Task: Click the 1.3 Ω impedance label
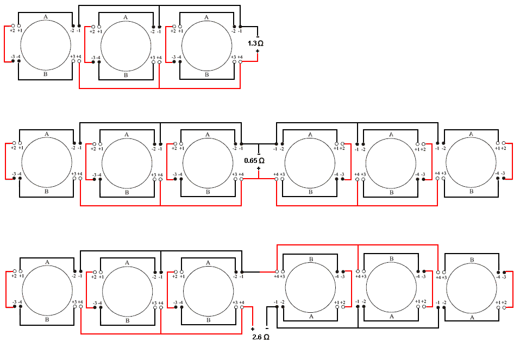pos(255,42)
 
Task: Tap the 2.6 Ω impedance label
pos(261,337)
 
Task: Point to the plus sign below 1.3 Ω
pos(257,52)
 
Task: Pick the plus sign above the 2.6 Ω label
pos(253,329)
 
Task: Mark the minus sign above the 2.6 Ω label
pos(267,328)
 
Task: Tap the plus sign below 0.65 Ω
pos(259,168)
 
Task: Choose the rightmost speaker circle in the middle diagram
pos(471,162)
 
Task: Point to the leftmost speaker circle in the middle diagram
pos(47,162)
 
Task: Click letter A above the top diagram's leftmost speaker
pos(46,17)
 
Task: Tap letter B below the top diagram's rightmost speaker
pos(206,75)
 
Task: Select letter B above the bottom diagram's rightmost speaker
pos(472,259)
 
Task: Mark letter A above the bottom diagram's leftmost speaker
pos(47,262)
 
